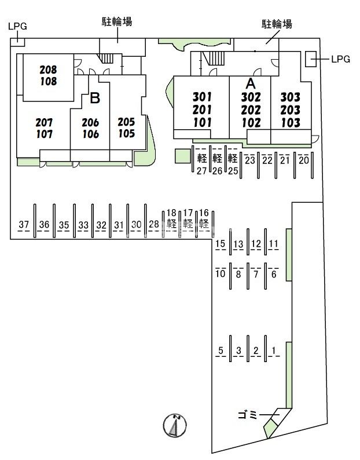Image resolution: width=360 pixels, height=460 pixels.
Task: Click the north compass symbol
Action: click(x=175, y=425)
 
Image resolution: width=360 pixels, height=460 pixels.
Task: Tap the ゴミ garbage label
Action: click(x=247, y=415)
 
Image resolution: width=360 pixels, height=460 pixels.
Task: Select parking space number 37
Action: click(x=24, y=224)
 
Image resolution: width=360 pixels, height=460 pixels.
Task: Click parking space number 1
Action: click(x=274, y=351)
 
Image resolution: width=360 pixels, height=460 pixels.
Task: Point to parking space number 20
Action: click(x=304, y=160)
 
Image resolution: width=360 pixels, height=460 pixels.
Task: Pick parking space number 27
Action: click(x=201, y=171)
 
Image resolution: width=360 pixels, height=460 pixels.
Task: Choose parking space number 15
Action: click(x=220, y=243)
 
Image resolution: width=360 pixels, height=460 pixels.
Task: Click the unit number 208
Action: click(x=49, y=70)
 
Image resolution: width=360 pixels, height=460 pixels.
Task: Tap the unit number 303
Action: click(x=290, y=97)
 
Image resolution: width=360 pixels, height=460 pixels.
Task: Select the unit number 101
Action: click(x=202, y=123)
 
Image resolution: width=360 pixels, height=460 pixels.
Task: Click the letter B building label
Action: click(x=95, y=98)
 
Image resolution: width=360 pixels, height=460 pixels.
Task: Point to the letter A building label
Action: click(x=251, y=83)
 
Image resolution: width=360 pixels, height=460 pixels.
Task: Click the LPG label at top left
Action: click(x=17, y=27)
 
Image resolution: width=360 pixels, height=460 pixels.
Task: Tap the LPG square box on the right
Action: click(x=311, y=59)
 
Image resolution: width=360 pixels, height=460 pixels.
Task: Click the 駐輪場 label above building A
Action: click(x=277, y=24)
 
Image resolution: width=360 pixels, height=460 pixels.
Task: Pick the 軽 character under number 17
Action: click(x=188, y=224)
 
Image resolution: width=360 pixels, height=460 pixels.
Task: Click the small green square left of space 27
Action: click(x=183, y=156)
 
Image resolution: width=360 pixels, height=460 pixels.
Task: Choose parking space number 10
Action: click(x=220, y=273)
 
